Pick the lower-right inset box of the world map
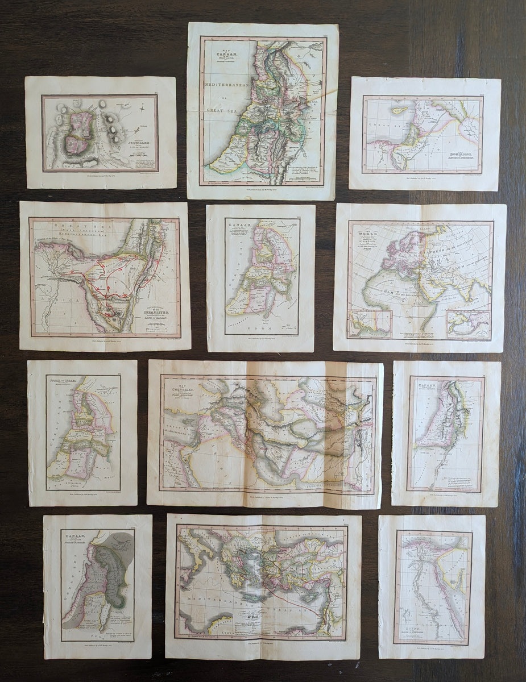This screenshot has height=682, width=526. click(x=468, y=324)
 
